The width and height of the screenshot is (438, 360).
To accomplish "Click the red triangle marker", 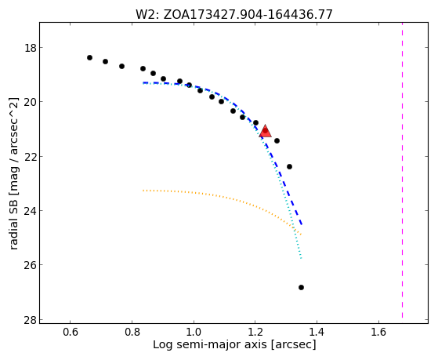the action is click(x=265, y=132).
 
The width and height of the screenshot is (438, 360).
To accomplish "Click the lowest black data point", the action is click(x=301, y=287).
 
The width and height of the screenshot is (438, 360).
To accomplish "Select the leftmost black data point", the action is click(x=89, y=57).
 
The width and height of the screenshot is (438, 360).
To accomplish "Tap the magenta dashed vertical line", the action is click(x=402, y=170).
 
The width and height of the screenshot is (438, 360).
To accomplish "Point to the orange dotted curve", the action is click(x=221, y=197).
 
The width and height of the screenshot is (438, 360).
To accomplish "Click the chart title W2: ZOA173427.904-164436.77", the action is click(x=234, y=14).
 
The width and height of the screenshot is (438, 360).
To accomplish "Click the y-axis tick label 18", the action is click(x=31, y=48).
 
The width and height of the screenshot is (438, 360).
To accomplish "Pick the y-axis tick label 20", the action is click(x=31, y=102).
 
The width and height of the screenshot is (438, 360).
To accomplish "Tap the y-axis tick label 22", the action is click(x=31, y=156).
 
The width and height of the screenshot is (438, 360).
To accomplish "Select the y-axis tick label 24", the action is click(x=31, y=210).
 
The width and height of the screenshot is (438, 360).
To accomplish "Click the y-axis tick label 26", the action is click(x=31, y=264).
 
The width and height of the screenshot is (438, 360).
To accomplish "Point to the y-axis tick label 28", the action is click(x=31, y=319).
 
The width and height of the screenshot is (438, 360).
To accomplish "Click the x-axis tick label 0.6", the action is click(x=70, y=332).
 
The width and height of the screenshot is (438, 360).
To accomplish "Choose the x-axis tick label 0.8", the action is click(x=132, y=332).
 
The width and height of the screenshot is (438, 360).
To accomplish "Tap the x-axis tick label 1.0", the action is click(x=194, y=332).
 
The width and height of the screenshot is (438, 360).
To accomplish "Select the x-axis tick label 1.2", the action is click(x=255, y=332).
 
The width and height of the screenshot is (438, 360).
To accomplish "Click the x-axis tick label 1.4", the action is click(x=317, y=332).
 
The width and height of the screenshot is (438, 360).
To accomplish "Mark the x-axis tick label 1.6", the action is click(x=378, y=332).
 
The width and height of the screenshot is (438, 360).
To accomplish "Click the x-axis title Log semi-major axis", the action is click(x=210, y=345).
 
